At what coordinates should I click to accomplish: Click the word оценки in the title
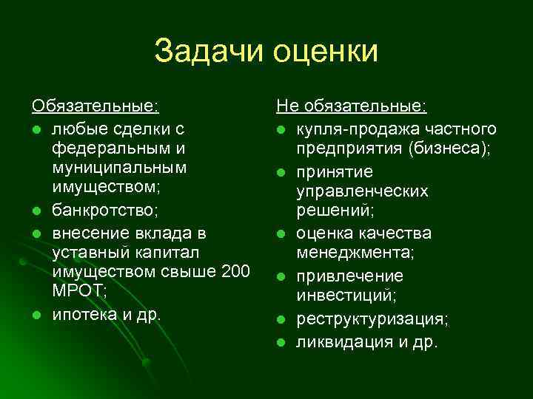tap(326, 52)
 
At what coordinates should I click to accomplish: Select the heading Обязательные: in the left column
tap(95, 107)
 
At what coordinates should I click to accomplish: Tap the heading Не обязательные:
tap(352, 107)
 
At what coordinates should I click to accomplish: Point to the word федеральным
tap(109, 149)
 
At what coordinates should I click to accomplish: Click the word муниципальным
tap(119, 169)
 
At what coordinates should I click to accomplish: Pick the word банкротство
tap(103, 211)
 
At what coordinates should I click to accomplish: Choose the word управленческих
tap(362, 191)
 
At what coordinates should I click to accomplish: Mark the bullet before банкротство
tap(36, 211)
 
